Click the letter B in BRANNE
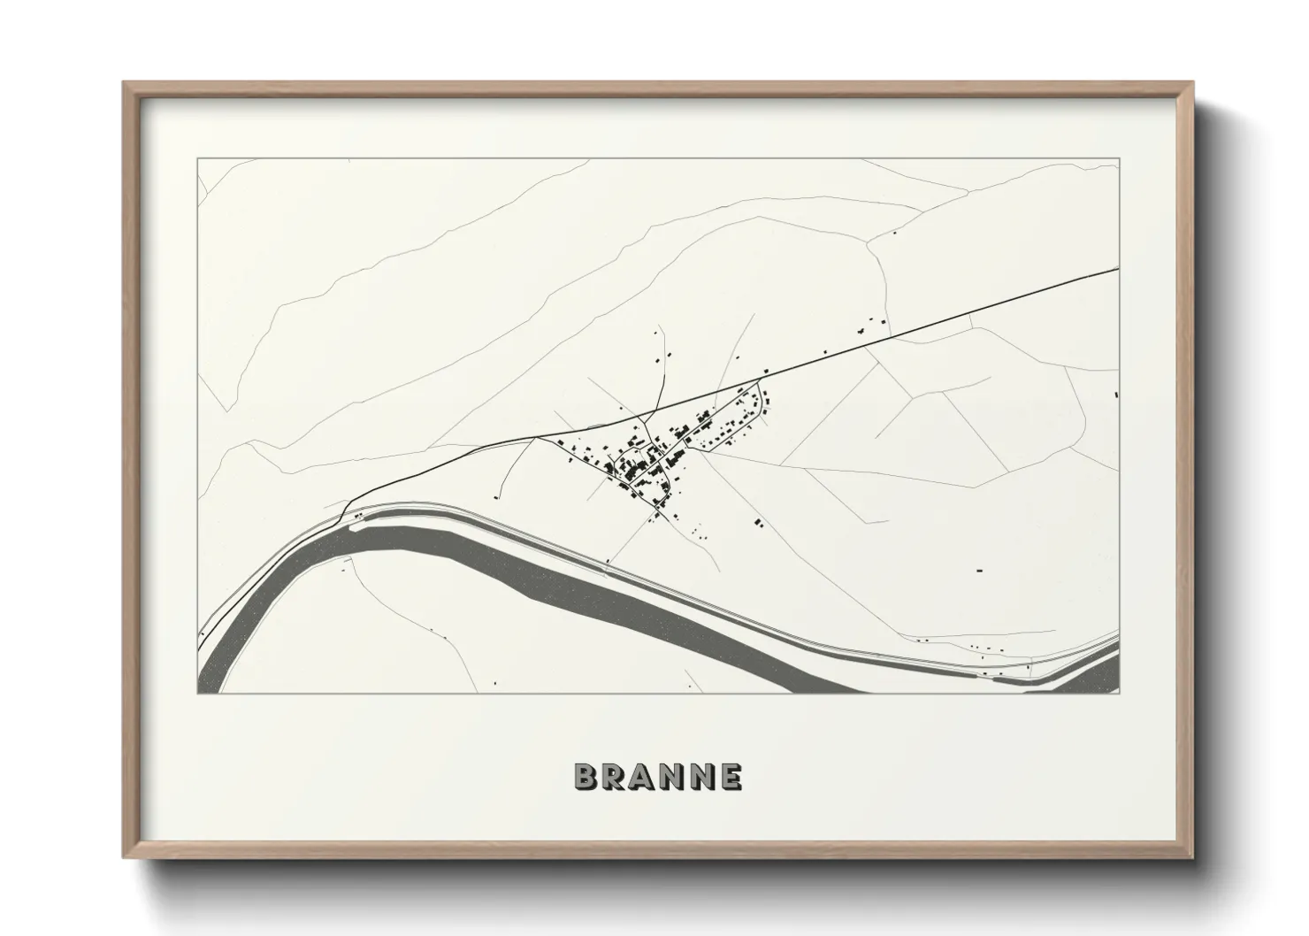587,777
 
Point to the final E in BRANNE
731,777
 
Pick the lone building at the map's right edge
1116,393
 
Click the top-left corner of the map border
197,159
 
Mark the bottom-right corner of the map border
1119,693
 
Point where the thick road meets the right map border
1119,266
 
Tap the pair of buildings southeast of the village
758,522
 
